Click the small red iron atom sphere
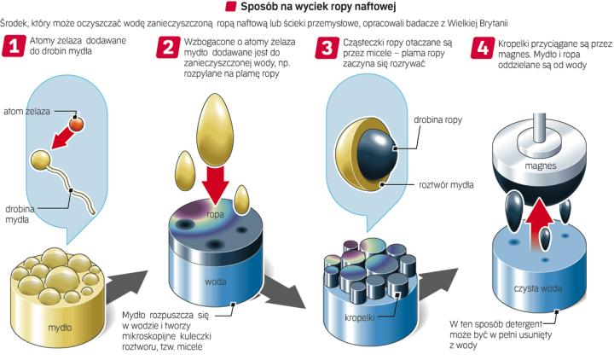[76, 125]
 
